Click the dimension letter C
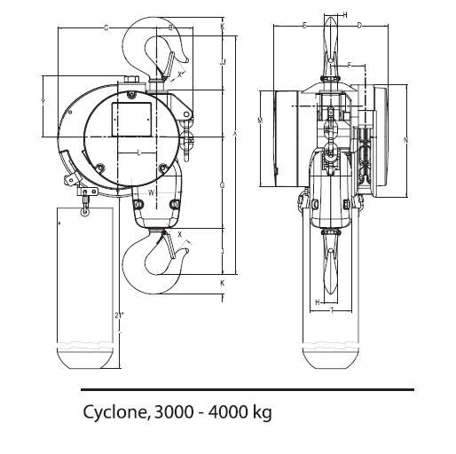(106, 28)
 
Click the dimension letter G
(221, 184)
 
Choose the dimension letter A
(234, 133)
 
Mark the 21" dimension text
(119, 315)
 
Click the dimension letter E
(304, 27)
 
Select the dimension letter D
(359, 27)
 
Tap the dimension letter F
(350, 66)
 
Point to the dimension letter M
(260, 119)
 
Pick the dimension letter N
(405, 140)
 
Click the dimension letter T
(331, 311)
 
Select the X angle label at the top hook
(180, 76)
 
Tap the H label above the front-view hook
(344, 15)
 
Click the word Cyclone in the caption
(114, 412)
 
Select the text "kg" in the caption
(262, 413)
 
